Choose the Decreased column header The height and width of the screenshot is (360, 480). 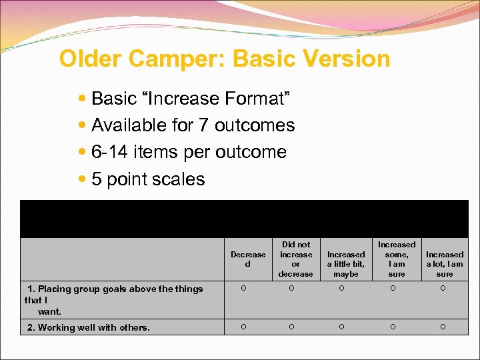click(x=248, y=259)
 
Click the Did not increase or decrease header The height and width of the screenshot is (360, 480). click(x=296, y=259)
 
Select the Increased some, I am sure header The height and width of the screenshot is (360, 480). click(x=397, y=259)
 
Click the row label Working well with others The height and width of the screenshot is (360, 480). click(x=89, y=327)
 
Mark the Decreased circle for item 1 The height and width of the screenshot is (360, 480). click(x=244, y=289)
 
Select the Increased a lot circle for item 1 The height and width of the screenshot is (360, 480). click(x=443, y=289)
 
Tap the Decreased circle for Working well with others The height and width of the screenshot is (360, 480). click(x=244, y=327)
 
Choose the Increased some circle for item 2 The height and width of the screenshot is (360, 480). click(x=393, y=327)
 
